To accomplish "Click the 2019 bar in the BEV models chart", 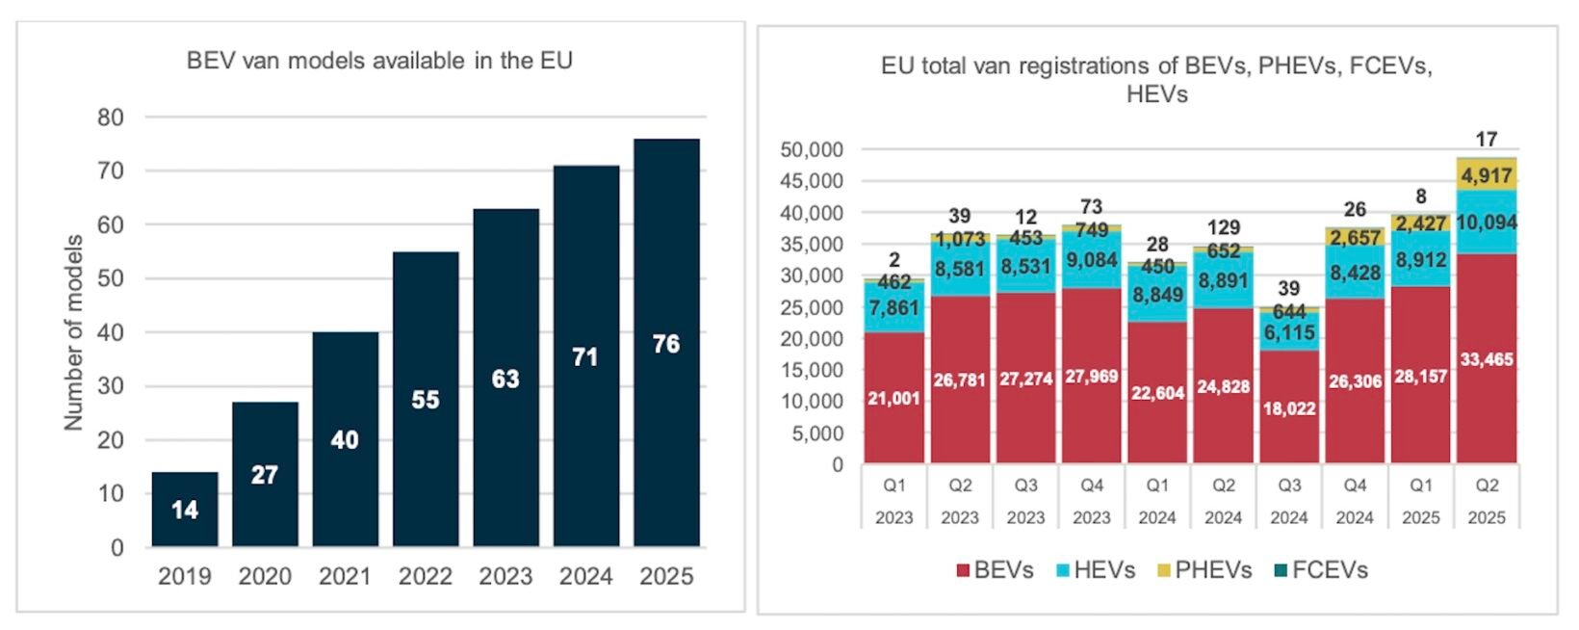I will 185,510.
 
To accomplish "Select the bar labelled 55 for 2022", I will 426,399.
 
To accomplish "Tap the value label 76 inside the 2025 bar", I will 666,344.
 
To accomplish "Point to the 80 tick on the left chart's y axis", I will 111,118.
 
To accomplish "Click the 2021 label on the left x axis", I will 345,576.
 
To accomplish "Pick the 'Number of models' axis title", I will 73,332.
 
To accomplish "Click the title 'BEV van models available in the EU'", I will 379,61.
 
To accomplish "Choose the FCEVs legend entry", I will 1320,570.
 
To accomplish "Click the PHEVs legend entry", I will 1204,570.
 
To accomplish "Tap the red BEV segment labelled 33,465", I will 1487,359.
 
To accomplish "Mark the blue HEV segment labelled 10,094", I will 1487,222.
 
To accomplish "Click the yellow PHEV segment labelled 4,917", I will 1487,175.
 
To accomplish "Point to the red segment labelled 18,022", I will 1289,407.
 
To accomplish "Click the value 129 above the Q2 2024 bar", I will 1224,227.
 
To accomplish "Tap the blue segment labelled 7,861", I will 894,307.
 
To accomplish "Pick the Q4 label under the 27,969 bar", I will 1092,486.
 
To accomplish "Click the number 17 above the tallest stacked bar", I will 1487,139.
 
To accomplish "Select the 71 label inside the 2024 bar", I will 585,356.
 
